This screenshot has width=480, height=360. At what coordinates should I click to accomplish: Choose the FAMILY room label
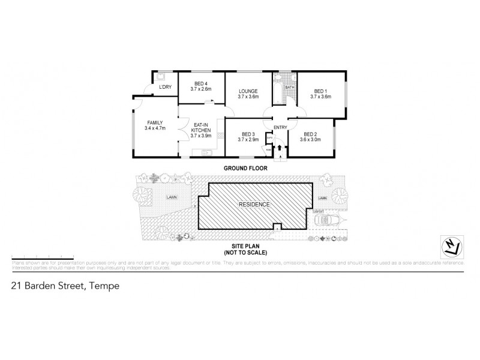[155, 125]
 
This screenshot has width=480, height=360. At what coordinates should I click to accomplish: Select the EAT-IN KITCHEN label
[200, 130]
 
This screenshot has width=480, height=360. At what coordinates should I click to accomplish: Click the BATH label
[289, 88]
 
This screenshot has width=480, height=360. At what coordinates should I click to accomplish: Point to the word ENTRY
[280, 127]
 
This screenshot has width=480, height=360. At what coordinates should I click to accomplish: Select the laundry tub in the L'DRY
[161, 76]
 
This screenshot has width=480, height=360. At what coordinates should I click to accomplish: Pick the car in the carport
[328, 221]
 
